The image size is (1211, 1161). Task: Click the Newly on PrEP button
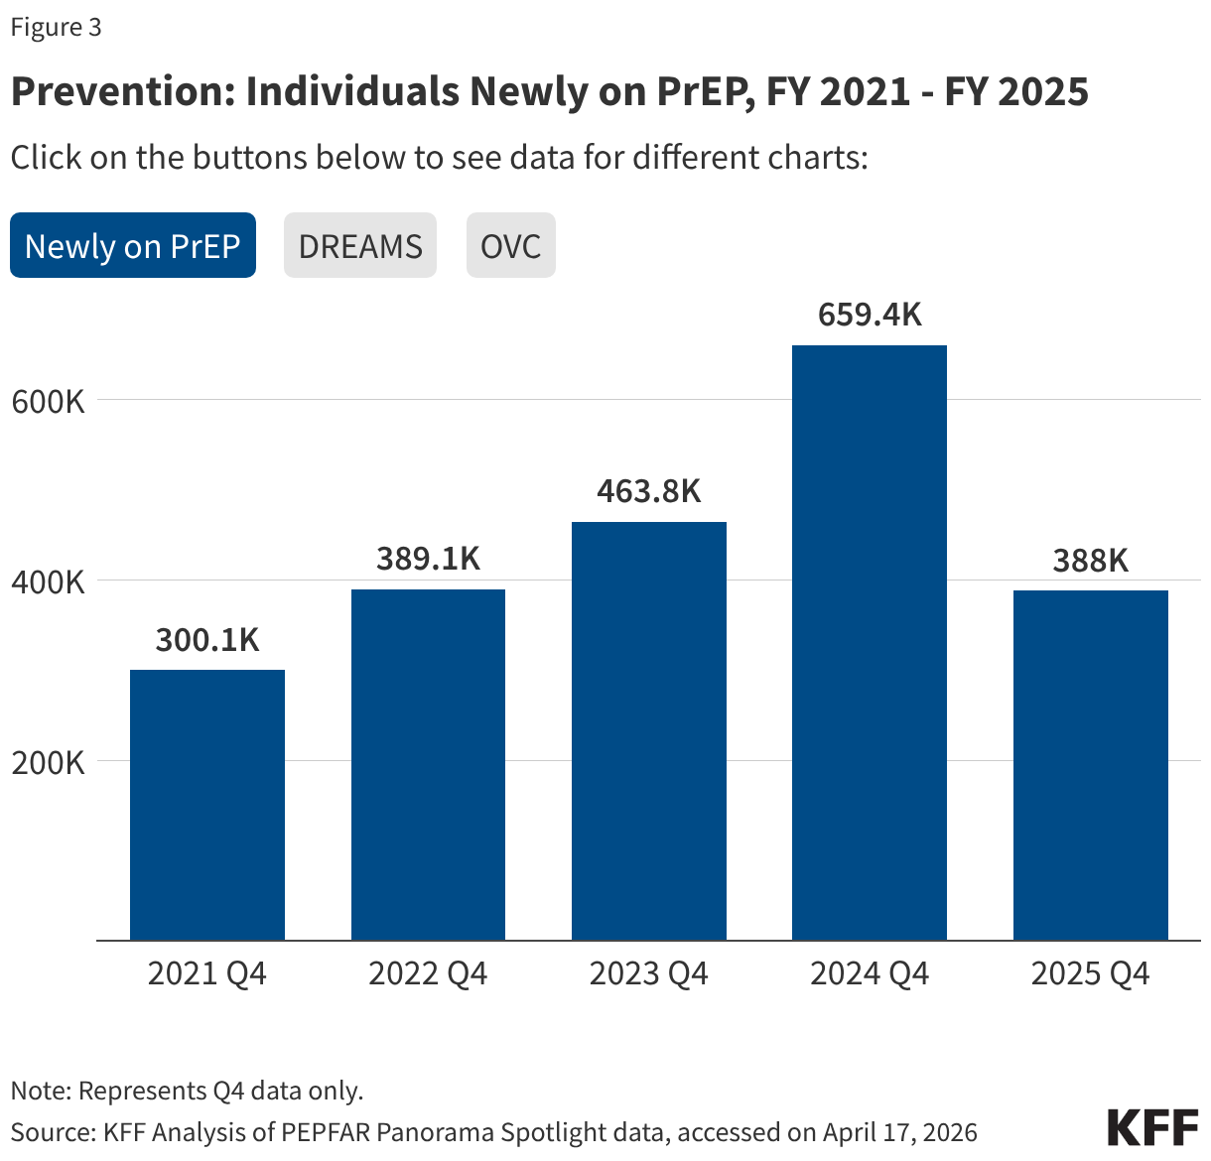(133, 246)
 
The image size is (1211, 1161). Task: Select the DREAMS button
(360, 246)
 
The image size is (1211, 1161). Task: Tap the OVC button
(510, 246)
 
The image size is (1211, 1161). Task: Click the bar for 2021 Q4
(207, 805)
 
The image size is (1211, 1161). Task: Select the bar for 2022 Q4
(428, 764)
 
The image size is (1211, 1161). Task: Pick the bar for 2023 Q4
(649, 730)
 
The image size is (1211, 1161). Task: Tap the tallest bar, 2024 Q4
(870, 642)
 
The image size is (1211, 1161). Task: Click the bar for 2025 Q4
(1090, 765)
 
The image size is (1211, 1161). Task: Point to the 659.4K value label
(870, 315)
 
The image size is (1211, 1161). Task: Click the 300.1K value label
(207, 640)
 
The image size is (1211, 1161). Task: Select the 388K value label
(1090, 561)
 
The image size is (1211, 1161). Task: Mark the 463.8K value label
(649, 491)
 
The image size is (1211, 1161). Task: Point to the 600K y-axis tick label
(48, 402)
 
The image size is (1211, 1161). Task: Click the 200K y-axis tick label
(48, 762)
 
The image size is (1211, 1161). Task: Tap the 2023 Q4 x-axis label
(649, 973)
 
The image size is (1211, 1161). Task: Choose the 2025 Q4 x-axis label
(1090, 973)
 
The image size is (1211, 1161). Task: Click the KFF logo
(1152, 1128)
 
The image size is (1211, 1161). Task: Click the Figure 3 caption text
(56, 27)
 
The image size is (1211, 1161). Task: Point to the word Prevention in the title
(118, 91)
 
